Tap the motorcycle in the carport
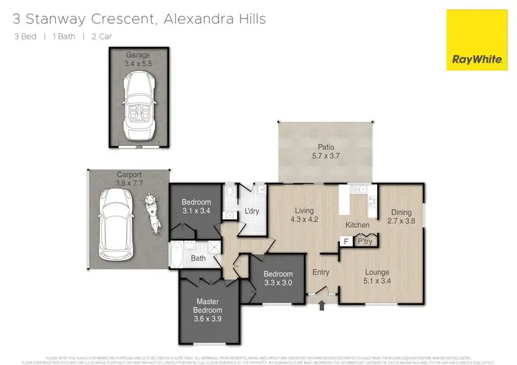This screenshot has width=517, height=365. click(148, 209)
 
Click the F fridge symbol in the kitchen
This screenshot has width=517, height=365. click(347, 242)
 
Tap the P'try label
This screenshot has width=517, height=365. click(363, 242)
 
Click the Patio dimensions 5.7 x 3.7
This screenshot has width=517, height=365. click(325, 156)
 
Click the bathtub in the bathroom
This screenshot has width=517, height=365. click(178, 258)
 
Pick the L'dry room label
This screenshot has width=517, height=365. click(252, 211)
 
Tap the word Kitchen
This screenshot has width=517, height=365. click(357, 225)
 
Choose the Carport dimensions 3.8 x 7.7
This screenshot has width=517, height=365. click(110, 184)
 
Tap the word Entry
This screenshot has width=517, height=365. click(321, 273)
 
